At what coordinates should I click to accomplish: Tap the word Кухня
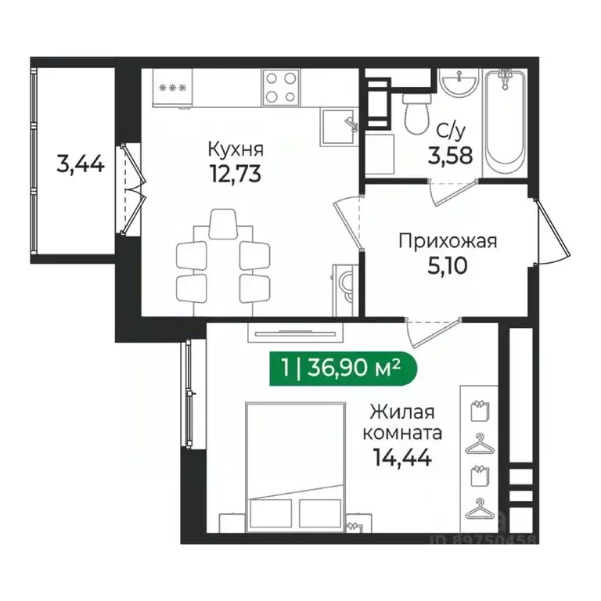click(x=235, y=149)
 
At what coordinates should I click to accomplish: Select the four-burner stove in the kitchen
click(x=281, y=87)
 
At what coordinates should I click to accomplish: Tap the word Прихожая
click(x=448, y=241)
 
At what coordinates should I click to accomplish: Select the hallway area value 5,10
click(x=448, y=267)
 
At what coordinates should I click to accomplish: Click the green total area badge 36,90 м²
click(x=337, y=365)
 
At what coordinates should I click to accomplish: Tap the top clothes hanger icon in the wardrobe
click(x=478, y=446)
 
